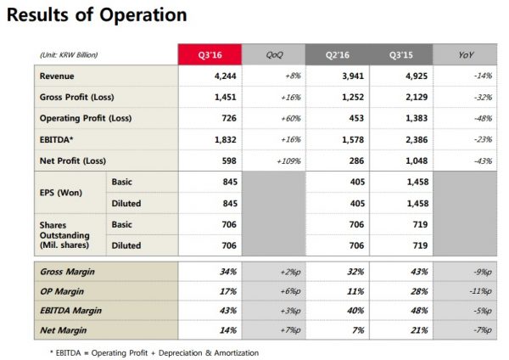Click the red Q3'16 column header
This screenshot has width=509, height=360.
[210, 54]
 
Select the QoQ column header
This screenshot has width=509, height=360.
[274, 54]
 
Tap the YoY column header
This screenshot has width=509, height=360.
[466, 54]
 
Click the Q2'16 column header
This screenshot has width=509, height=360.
[338, 54]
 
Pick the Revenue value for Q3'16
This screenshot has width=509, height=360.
[226, 76]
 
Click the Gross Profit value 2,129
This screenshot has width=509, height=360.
[417, 97]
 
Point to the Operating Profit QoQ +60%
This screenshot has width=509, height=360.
[291, 118]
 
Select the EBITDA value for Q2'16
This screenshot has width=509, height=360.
[353, 140]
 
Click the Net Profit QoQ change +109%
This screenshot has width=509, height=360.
[289, 160]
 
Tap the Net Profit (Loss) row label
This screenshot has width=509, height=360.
[73, 160]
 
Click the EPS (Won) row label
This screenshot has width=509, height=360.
[61, 193]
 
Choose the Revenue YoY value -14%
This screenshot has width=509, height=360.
[483, 76]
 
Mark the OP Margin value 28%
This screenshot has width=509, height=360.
[419, 291]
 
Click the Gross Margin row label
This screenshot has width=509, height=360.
[67, 272]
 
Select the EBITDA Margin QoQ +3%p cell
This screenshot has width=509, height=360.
[290, 311]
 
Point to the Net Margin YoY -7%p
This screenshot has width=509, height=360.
[483, 330]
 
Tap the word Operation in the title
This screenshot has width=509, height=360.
[143, 15]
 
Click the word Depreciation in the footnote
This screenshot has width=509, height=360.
[180, 353]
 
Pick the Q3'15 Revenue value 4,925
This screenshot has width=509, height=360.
[417, 76]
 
